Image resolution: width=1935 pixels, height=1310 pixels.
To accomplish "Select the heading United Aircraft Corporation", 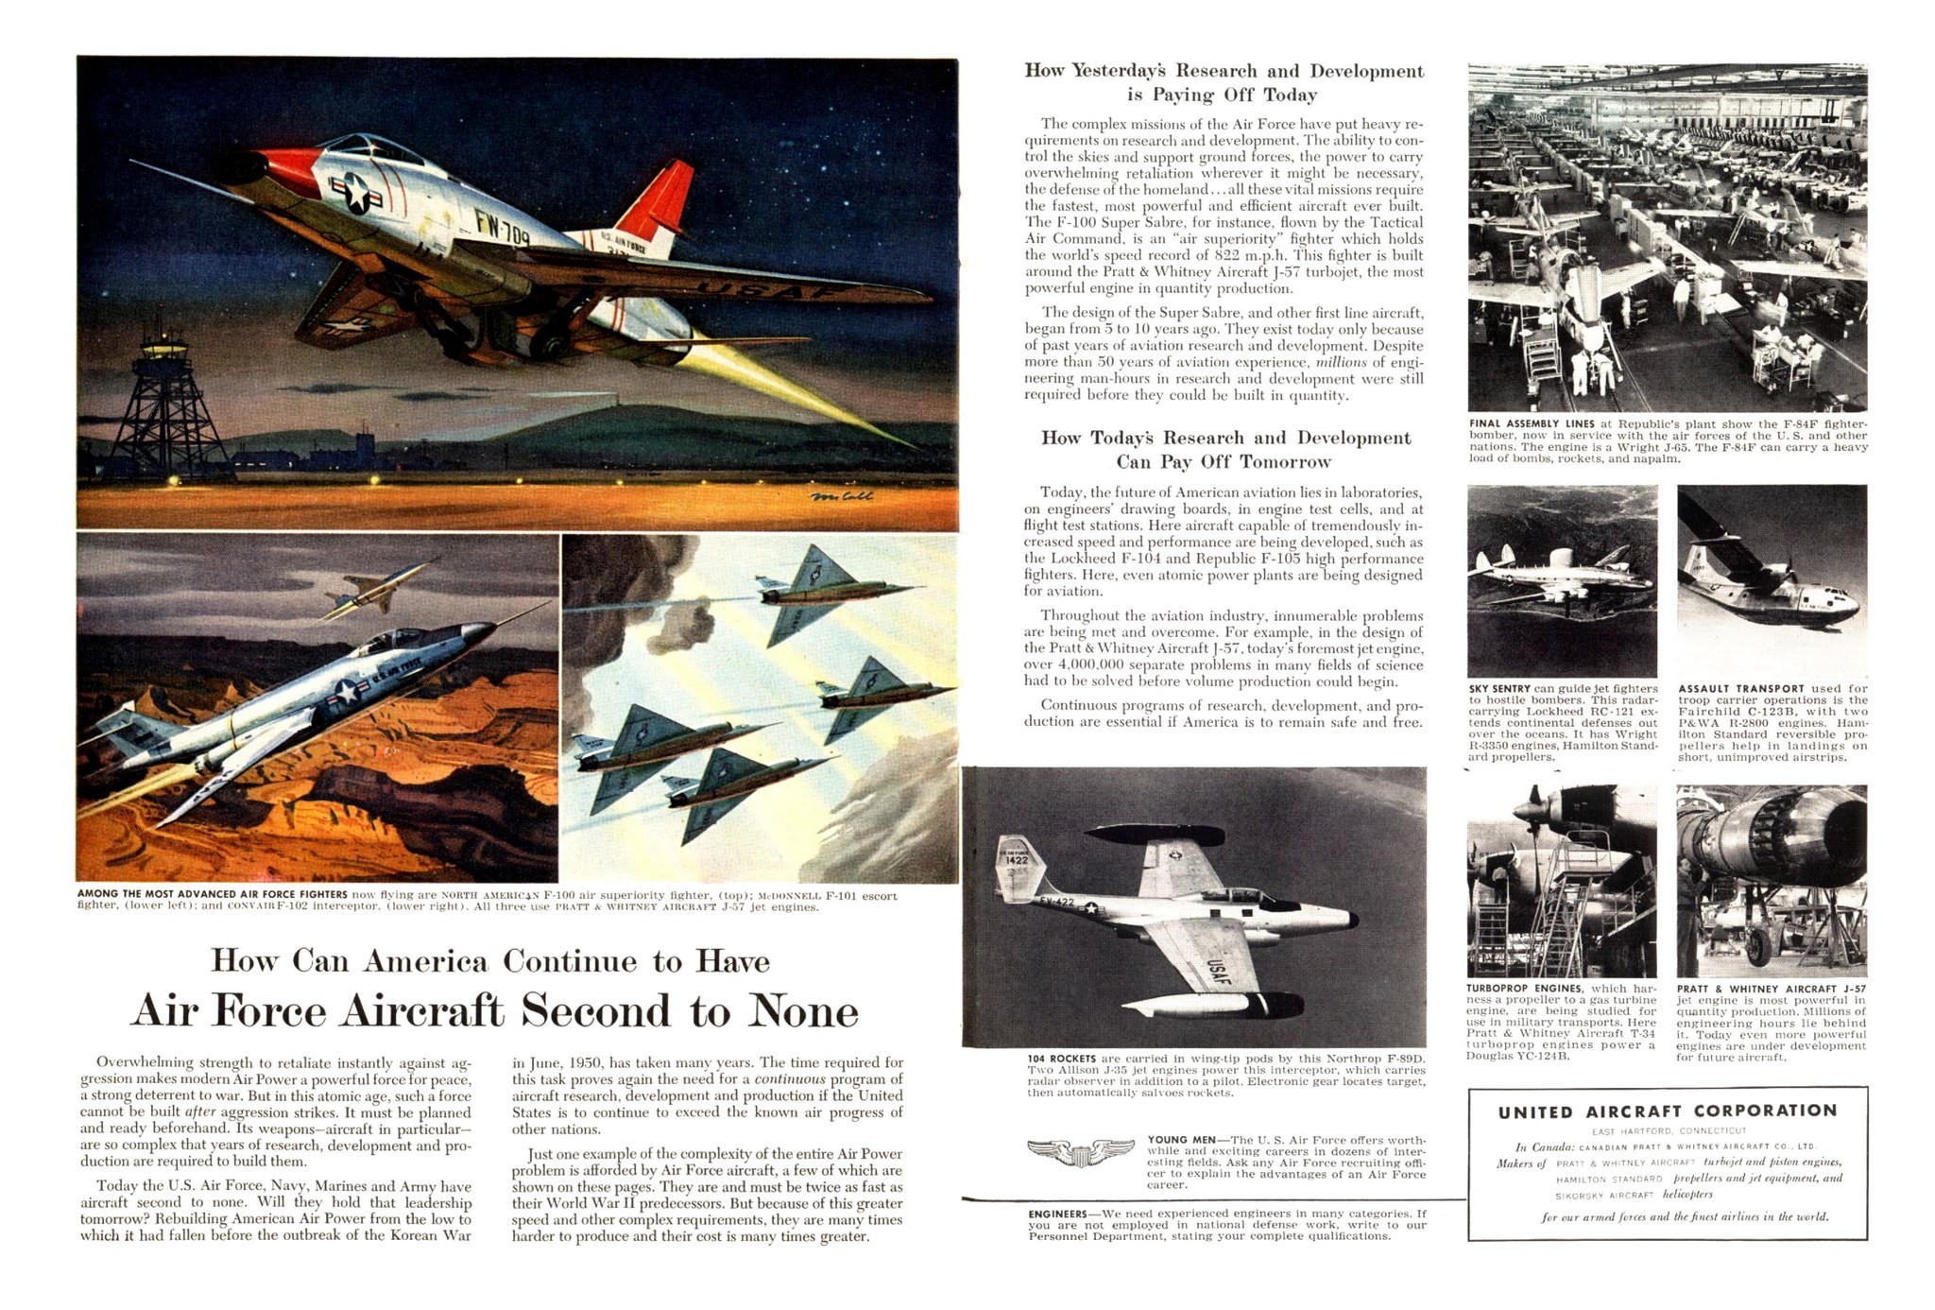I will pos(1668,1112).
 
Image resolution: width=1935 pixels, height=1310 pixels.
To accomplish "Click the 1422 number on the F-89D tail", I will pos(1016,860).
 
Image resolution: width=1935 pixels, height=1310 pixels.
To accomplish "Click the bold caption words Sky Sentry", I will pos(1499,688).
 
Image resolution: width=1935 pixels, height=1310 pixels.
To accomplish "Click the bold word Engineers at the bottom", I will pos(1057,1214).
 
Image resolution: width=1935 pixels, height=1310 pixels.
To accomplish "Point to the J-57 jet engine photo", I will pos(1772,879).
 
